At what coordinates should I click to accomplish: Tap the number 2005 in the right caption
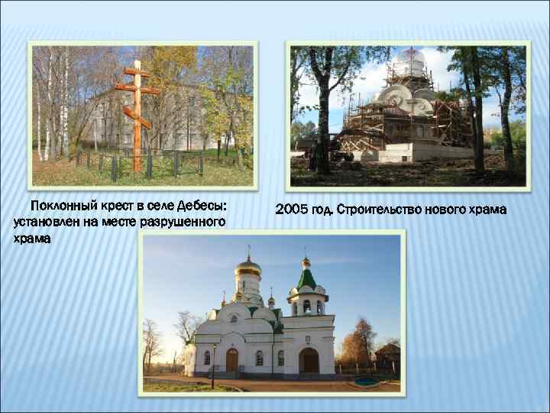coord(293,209)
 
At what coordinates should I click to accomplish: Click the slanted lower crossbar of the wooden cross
coord(137,118)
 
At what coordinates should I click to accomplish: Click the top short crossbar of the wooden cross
coord(137,73)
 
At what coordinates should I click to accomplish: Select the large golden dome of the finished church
coord(247,268)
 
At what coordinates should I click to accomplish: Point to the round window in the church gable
coord(233,318)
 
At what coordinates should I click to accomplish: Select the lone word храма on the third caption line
coord(32,238)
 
